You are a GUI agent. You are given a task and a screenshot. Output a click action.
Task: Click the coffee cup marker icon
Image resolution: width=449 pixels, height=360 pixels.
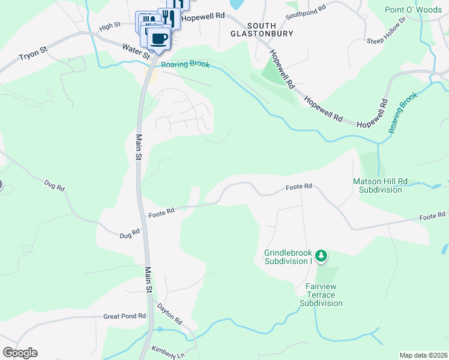158,39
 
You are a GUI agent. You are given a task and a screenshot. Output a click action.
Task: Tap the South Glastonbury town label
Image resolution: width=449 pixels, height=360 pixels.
262,29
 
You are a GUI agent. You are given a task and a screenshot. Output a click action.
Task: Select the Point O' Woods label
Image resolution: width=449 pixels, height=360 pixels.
413,10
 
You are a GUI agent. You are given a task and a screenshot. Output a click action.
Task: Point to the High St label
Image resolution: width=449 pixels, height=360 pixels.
110,25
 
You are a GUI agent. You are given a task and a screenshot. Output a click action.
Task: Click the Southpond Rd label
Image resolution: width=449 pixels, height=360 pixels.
306,10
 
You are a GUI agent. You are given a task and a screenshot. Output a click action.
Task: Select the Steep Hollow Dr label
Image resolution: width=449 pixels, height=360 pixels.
386,31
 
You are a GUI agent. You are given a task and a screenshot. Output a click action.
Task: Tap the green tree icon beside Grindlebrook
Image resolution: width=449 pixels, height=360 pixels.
321,257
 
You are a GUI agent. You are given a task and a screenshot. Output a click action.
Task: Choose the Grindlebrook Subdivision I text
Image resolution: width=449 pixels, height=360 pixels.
289,257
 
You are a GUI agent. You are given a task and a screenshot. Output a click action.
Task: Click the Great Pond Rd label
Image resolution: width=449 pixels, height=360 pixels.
124,316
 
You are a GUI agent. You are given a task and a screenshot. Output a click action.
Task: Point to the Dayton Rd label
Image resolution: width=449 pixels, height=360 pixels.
169,314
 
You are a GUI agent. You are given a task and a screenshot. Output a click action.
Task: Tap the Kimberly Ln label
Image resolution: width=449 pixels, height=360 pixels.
167,352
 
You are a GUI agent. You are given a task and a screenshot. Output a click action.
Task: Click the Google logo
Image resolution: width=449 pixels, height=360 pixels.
20,353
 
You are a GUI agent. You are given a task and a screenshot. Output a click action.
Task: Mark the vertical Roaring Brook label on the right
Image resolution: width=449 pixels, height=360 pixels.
402,112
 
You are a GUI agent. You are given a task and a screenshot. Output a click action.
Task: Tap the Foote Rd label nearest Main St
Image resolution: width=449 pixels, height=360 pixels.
161,212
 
